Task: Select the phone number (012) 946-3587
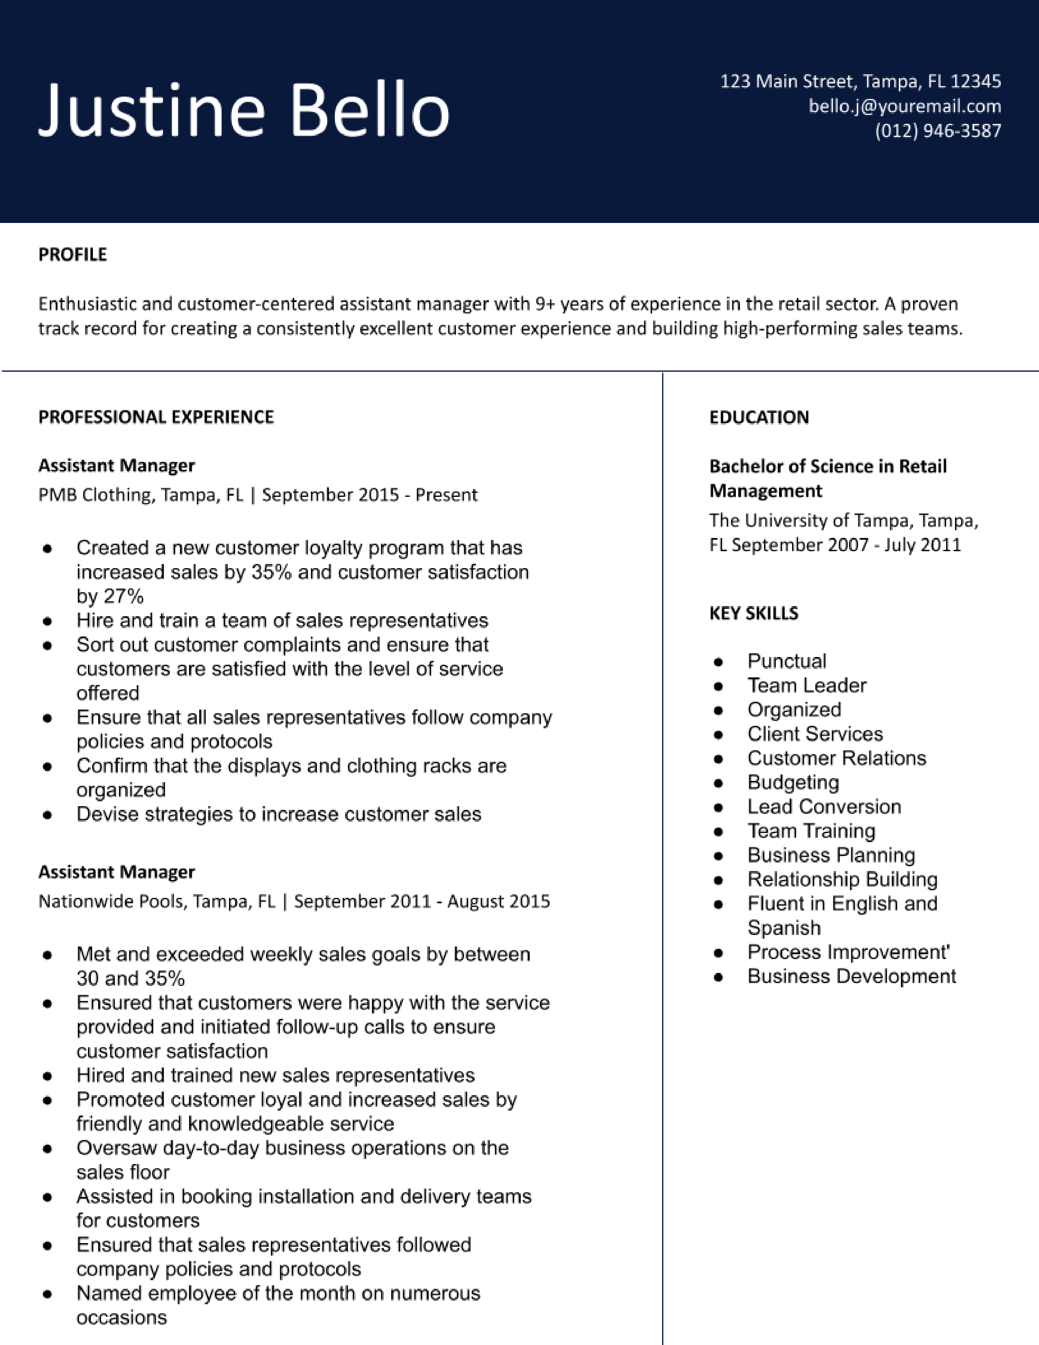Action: (x=938, y=130)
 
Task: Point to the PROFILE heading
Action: (x=73, y=254)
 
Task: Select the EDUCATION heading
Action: (x=759, y=417)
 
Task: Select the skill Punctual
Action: (x=787, y=661)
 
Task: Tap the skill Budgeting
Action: (x=793, y=782)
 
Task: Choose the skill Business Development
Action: (x=851, y=976)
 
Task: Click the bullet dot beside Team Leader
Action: (x=718, y=686)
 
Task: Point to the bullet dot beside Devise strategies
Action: (x=47, y=815)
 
